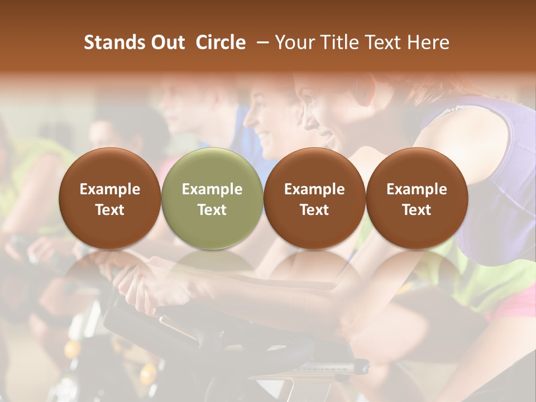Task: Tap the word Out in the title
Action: click(167, 42)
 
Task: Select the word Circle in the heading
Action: click(221, 42)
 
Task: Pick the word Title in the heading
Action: click(340, 42)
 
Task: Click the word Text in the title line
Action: click(385, 42)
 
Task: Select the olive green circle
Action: click(212, 199)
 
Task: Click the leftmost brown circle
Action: click(110, 199)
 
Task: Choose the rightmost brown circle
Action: click(417, 199)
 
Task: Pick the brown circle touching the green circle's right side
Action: click(314, 199)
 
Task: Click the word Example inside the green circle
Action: click(212, 189)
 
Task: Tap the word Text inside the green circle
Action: click(212, 210)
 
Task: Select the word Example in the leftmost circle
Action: click(110, 189)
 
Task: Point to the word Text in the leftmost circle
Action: click(110, 210)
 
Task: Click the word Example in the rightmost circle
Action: click(417, 189)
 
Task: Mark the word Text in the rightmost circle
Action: click(417, 210)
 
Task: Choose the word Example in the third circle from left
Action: click(314, 189)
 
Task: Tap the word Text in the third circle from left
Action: click(314, 210)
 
